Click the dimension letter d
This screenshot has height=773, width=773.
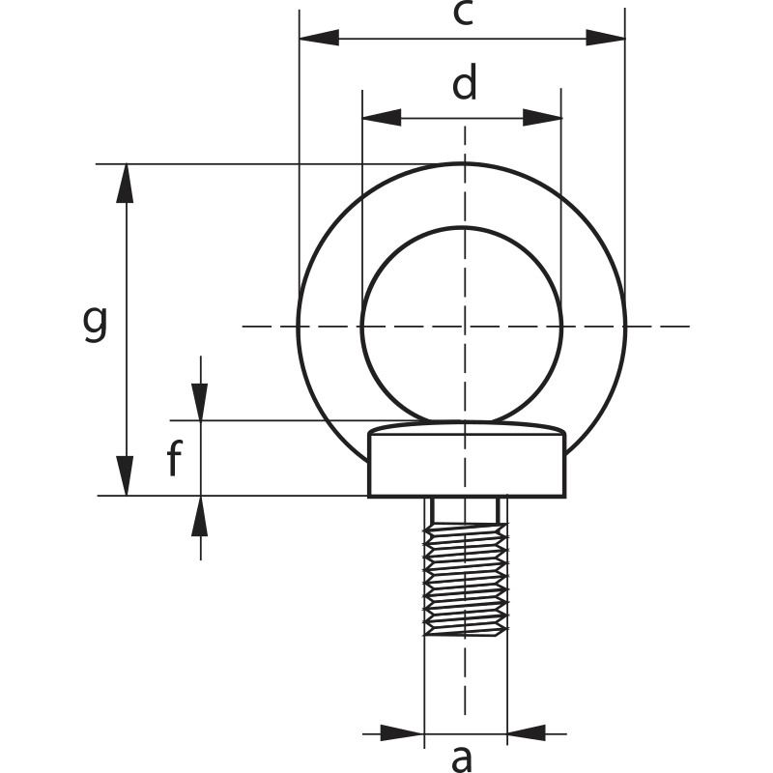point(465,85)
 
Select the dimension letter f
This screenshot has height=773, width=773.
point(174,460)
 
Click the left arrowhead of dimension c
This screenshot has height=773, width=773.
point(320,39)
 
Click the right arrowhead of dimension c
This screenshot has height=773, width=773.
point(605,39)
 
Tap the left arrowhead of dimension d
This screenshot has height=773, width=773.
point(381,118)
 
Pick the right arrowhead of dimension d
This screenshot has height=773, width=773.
point(542,118)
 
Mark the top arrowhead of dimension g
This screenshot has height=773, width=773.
point(125,184)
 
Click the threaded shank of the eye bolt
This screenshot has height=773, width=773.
point(466,580)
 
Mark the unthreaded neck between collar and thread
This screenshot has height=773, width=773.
point(466,509)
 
